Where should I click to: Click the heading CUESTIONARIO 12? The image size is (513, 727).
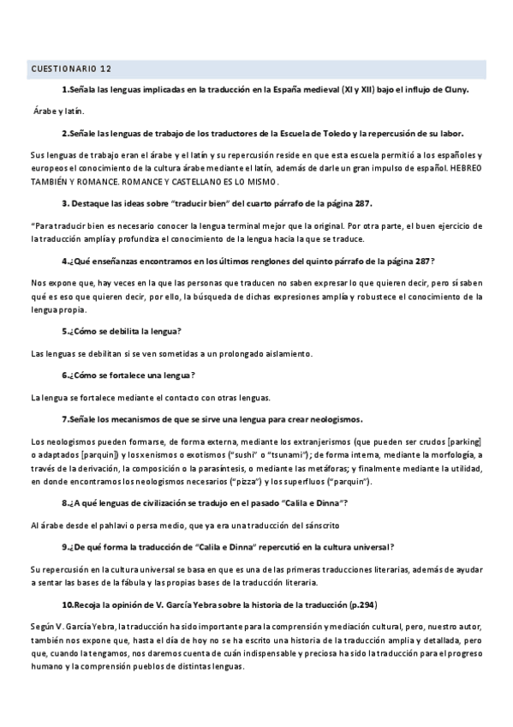pos(70,68)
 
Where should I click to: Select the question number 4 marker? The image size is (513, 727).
pos(66,261)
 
